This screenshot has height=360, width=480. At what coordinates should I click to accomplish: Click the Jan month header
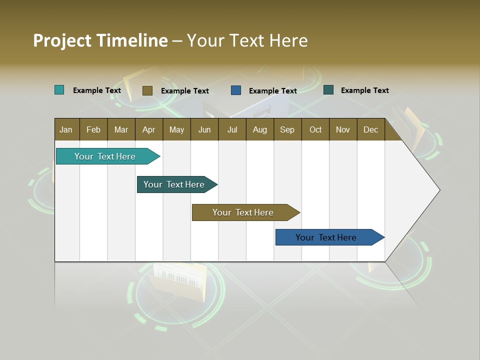(x=66, y=129)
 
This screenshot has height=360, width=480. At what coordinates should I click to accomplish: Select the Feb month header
(x=93, y=129)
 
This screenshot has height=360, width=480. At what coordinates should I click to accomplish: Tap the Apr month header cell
(x=149, y=129)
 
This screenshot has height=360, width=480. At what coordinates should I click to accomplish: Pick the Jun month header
(x=204, y=129)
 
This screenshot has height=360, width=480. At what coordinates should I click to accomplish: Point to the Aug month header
(x=260, y=129)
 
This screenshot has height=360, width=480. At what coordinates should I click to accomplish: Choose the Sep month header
(x=287, y=129)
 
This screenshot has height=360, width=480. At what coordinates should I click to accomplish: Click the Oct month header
(x=315, y=129)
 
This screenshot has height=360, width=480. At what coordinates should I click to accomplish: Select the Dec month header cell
(x=371, y=129)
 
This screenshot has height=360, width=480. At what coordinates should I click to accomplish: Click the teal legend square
(x=59, y=90)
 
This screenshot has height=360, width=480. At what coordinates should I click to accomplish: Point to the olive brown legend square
(x=147, y=90)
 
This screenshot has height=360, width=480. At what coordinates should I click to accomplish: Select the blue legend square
(x=236, y=90)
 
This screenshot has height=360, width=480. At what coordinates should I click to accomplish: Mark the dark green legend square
(x=328, y=90)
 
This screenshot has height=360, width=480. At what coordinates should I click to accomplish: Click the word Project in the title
(x=62, y=40)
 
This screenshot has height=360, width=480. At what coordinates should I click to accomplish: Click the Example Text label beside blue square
(x=273, y=91)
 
